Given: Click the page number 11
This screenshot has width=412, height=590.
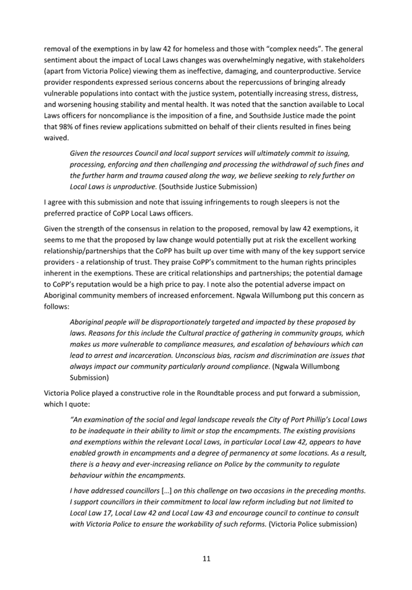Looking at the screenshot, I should (206, 558).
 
